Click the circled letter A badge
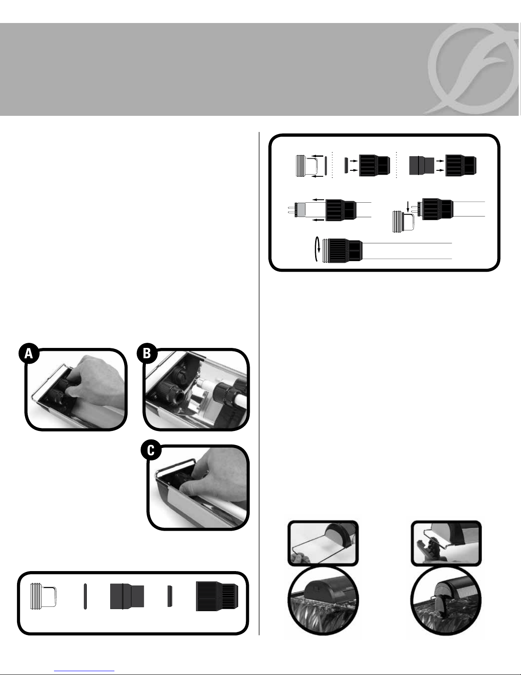click(x=29, y=353)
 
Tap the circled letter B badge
click(x=147, y=353)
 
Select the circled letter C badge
click(x=151, y=450)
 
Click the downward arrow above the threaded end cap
click(x=408, y=206)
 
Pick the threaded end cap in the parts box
click(x=43, y=596)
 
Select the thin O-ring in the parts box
click(x=85, y=596)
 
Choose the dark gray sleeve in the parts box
click(x=127, y=596)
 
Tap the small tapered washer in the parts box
click(x=170, y=596)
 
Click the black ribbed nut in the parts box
click(x=217, y=596)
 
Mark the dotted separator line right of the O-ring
click(x=332, y=165)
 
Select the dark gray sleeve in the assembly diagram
click(x=422, y=165)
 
